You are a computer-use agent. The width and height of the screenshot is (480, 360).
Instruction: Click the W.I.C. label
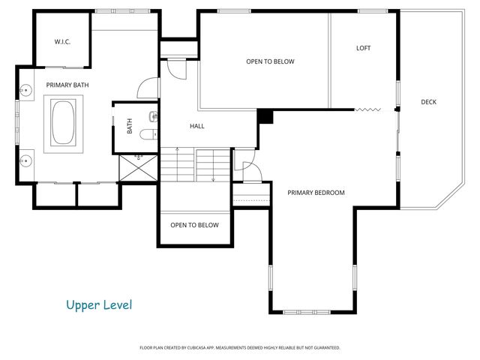click(62, 42)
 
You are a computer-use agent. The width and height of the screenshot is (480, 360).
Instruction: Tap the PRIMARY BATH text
click(67, 85)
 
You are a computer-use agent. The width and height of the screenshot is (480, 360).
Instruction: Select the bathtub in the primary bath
click(64, 123)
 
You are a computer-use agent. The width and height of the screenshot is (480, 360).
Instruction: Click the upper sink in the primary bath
click(27, 91)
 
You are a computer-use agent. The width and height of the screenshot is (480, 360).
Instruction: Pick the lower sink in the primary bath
click(27, 160)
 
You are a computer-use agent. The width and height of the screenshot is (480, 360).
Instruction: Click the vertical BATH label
click(130, 127)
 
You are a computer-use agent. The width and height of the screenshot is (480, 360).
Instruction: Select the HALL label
click(197, 126)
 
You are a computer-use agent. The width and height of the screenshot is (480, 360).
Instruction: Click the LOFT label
click(363, 48)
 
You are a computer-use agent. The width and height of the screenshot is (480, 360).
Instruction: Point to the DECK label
click(428, 102)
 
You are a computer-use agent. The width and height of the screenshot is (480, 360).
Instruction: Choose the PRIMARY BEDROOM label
click(316, 193)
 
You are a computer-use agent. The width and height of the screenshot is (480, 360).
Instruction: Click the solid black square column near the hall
click(265, 116)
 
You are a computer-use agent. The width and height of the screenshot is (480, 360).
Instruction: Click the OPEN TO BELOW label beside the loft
click(270, 61)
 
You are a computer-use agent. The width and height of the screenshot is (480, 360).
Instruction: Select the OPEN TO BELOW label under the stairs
click(194, 225)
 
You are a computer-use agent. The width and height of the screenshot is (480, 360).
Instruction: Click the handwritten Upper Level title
click(98, 304)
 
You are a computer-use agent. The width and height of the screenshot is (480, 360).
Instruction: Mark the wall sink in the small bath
click(153, 115)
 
